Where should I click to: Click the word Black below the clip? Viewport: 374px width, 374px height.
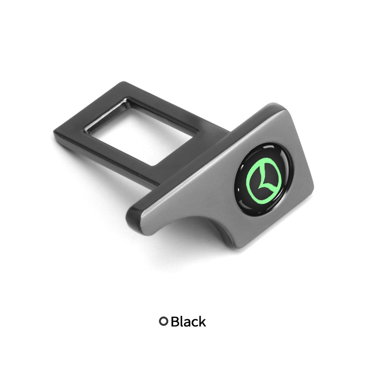coord(188,321)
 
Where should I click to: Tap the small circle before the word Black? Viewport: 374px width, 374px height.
coord(164,321)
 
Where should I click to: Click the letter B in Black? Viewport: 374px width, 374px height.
coord(175,321)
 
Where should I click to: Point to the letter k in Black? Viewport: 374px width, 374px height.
coord(202,321)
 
